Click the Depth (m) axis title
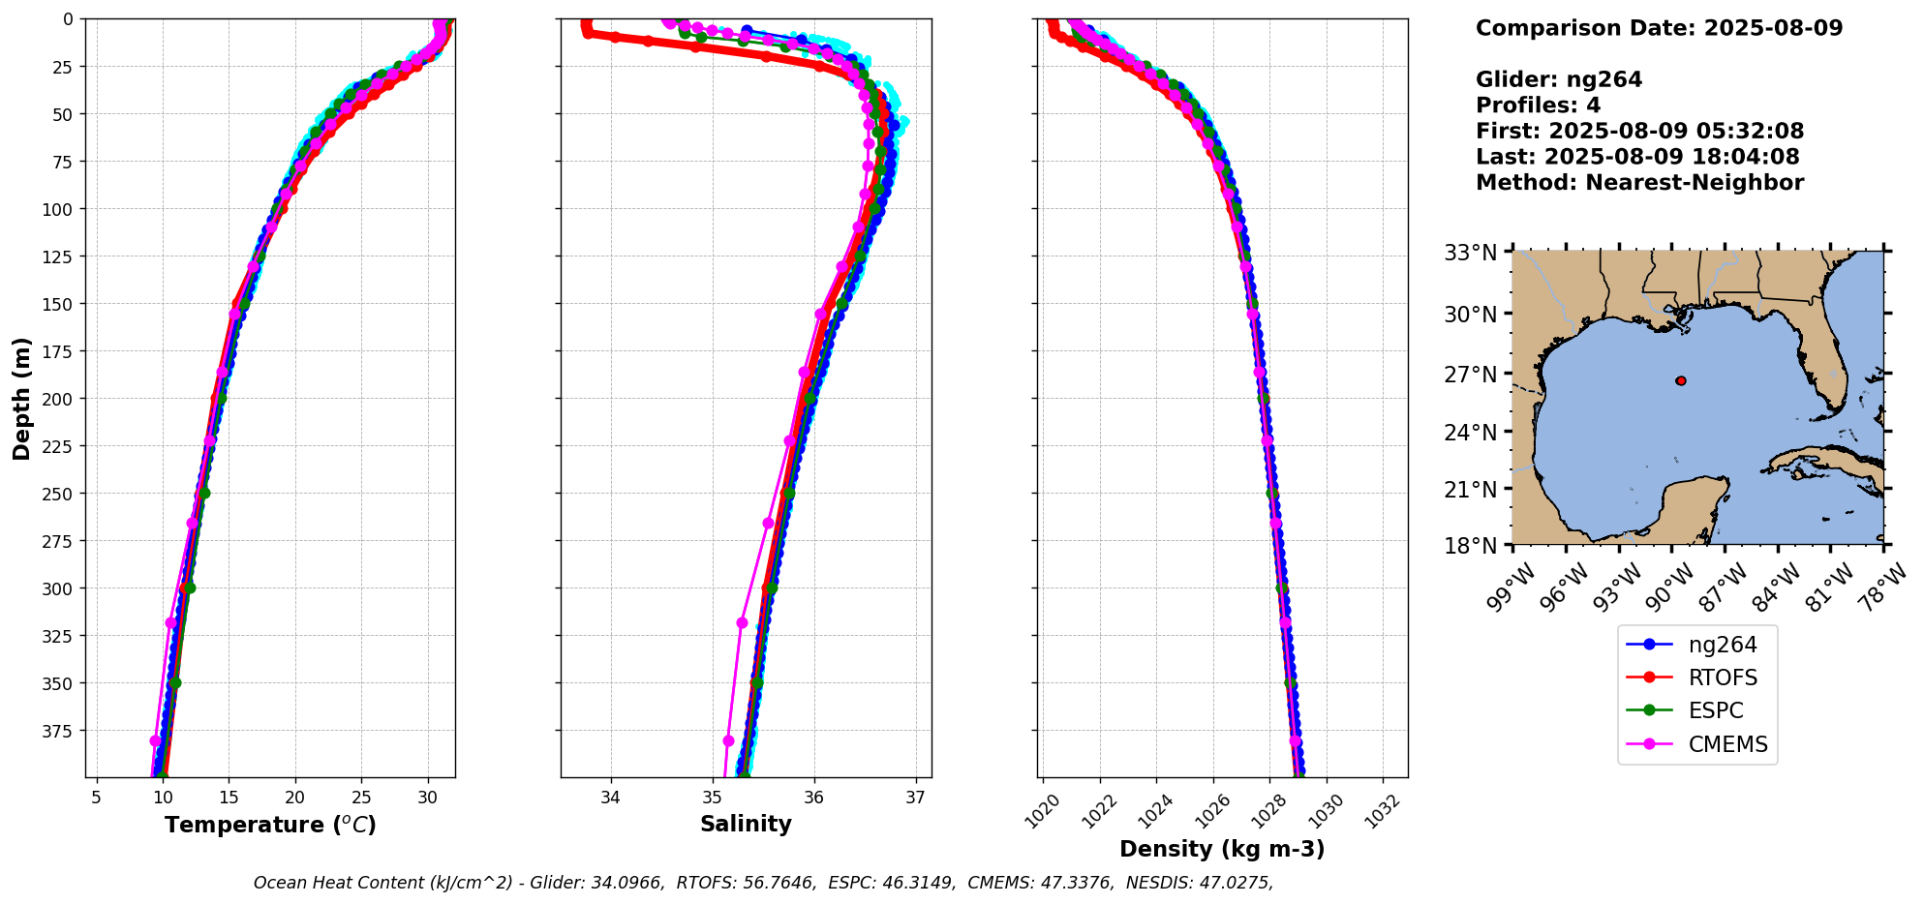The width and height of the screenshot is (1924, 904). coord(22,398)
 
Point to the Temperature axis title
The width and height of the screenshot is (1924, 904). coord(270,825)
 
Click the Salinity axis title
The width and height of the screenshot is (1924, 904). coord(746,824)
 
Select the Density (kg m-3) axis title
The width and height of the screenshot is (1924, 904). coord(1222,849)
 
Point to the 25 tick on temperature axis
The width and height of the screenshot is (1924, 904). coord(361,798)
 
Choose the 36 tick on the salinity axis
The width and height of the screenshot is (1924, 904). coord(814,798)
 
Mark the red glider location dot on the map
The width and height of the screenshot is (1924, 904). coord(1681,380)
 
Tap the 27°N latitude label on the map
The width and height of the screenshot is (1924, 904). coord(1471,374)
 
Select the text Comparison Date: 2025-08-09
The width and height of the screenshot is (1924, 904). coord(1659,28)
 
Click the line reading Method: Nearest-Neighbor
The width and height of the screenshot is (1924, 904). coord(1639,183)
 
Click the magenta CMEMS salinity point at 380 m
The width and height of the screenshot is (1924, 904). coord(728,740)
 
